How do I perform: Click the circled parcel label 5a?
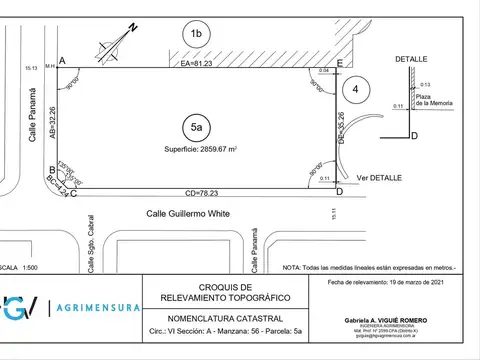point(197,127)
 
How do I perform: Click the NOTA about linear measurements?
point(368,267)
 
